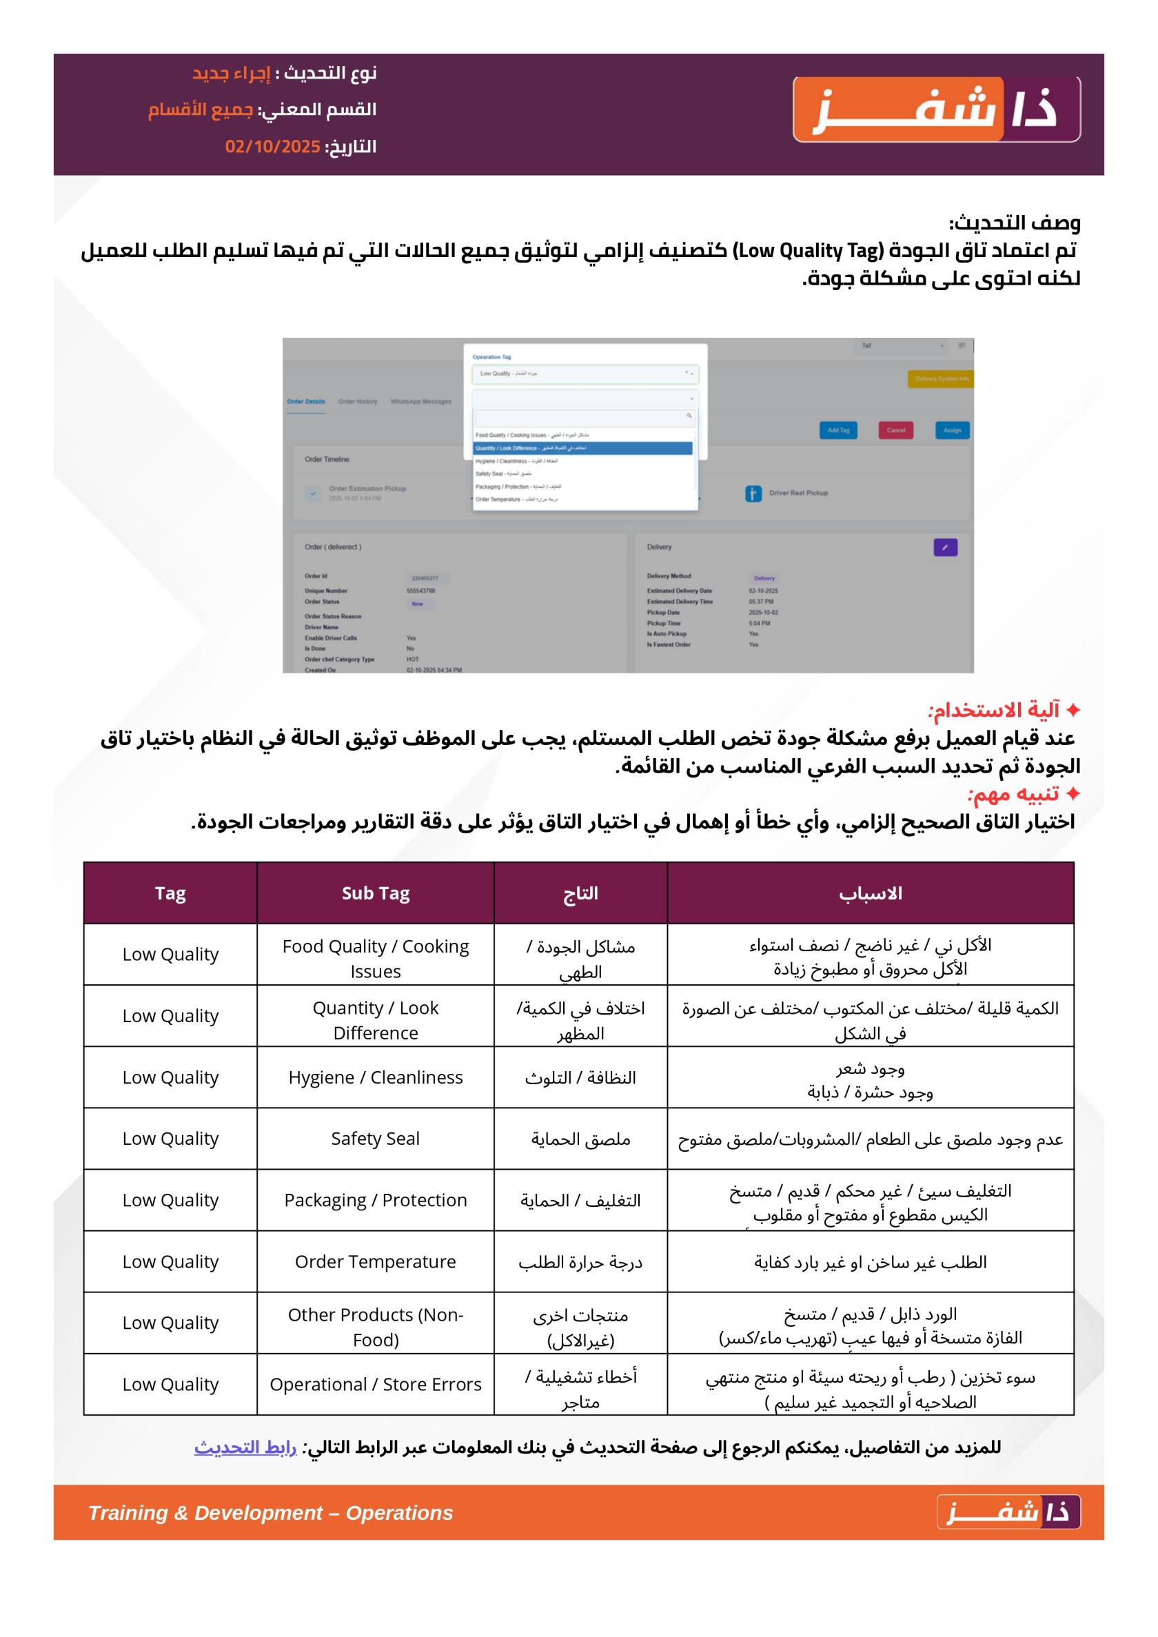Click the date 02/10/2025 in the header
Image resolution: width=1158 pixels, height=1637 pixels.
click(x=272, y=147)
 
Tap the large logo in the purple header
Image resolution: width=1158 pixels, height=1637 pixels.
click(x=936, y=110)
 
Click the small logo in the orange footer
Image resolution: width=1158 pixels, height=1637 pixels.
click(x=1008, y=1512)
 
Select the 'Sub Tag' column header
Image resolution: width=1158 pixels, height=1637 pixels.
click(x=375, y=893)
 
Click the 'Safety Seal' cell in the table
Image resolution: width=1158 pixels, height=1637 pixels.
click(x=375, y=1139)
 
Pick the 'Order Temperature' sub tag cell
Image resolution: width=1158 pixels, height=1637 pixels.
click(x=375, y=1261)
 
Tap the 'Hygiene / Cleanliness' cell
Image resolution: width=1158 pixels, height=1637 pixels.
click(x=375, y=1077)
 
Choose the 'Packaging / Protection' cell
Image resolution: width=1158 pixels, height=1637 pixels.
click(x=375, y=1200)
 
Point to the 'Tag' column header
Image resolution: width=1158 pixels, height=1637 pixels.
click(x=170, y=893)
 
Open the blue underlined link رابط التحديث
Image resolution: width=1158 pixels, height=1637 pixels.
click(x=245, y=1448)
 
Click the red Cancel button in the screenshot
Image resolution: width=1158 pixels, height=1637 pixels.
click(x=895, y=430)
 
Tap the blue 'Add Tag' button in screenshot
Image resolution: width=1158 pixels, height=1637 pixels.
click(x=838, y=430)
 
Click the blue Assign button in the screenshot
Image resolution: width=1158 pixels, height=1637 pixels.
click(x=952, y=430)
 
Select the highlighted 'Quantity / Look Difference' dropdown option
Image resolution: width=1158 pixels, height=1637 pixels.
click(x=582, y=449)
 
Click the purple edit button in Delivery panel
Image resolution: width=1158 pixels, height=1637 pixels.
click(x=945, y=547)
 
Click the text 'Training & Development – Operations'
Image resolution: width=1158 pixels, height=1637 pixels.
click(x=270, y=1513)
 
